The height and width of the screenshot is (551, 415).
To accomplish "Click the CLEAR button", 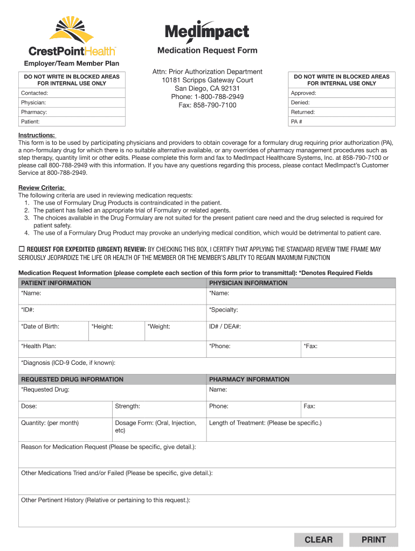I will [319, 540].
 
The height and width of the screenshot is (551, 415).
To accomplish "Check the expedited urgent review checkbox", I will [22, 249].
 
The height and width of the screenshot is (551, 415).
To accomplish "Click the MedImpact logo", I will [207, 32].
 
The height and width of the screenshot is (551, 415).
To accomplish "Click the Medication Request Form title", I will [207, 51].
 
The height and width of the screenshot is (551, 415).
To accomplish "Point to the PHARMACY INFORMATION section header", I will [249, 379].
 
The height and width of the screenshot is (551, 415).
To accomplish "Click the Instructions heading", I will [37, 135].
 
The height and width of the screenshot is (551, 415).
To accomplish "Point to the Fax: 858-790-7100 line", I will [207, 105].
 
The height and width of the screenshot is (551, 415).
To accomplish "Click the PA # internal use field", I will [342, 122].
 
